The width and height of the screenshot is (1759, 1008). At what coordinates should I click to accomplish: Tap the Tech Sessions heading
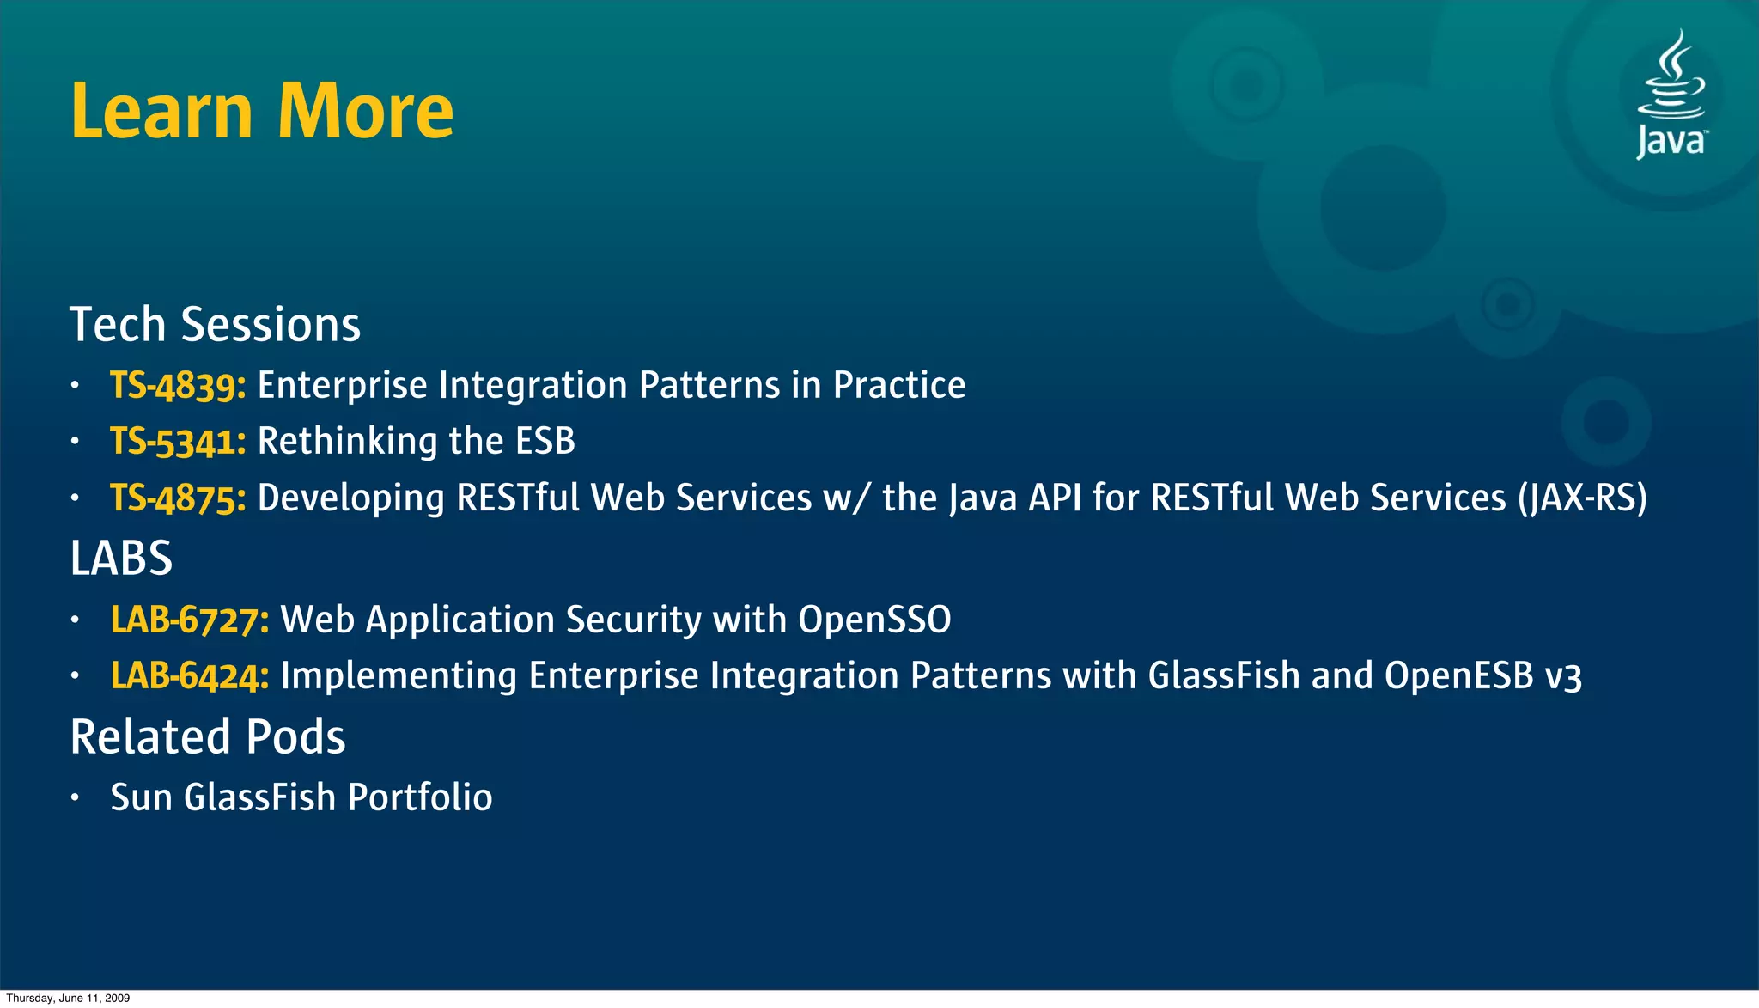[215, 325]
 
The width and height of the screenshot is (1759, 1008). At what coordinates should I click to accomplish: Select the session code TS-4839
[178, 385]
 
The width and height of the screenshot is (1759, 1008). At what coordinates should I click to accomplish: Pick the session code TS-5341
[178, 442]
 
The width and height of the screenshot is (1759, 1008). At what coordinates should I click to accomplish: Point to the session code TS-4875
[178, 498]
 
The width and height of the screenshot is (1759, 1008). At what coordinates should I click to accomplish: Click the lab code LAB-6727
[190, 620]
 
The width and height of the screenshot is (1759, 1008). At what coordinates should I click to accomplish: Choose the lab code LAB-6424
[190, 676]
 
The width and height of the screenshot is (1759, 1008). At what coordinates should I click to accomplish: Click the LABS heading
[121, 559]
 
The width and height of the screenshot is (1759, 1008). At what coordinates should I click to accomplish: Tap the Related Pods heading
[208, 737]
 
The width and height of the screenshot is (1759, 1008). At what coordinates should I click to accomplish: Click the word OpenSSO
[874, 620]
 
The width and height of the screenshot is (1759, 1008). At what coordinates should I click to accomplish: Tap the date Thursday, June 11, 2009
[68, 998]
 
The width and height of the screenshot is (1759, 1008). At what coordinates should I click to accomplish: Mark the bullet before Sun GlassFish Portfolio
[76, 798]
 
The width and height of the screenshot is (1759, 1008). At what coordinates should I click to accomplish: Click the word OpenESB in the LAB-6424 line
[1458, 676]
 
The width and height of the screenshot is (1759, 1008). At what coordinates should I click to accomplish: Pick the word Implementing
[399, 676]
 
